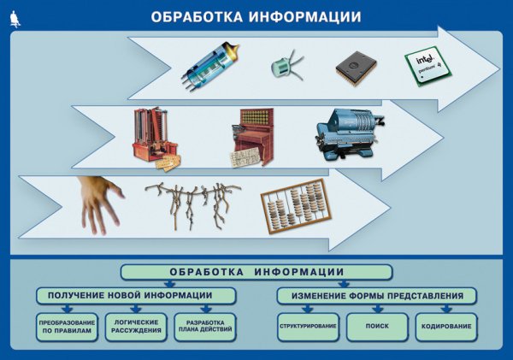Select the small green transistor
(284, 67)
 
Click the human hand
(97, 203)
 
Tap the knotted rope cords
(192, 204)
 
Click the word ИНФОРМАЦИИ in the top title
(298, 17)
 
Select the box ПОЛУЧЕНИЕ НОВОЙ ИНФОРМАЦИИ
(137, 296)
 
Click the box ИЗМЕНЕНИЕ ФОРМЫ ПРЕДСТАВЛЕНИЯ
(376, 296)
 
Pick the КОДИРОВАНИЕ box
(446, 327)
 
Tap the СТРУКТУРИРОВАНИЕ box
(308, 327)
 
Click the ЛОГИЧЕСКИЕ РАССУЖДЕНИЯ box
(137, 327)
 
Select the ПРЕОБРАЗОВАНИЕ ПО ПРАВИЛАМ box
(66, 327)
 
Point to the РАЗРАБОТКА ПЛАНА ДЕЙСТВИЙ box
(205, 327)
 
